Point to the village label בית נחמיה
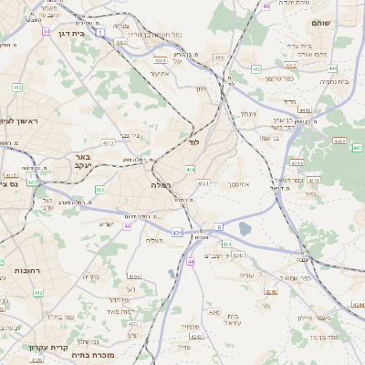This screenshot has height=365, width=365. (x=334, y=80)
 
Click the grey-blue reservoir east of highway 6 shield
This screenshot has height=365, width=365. (x=245, y=229)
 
